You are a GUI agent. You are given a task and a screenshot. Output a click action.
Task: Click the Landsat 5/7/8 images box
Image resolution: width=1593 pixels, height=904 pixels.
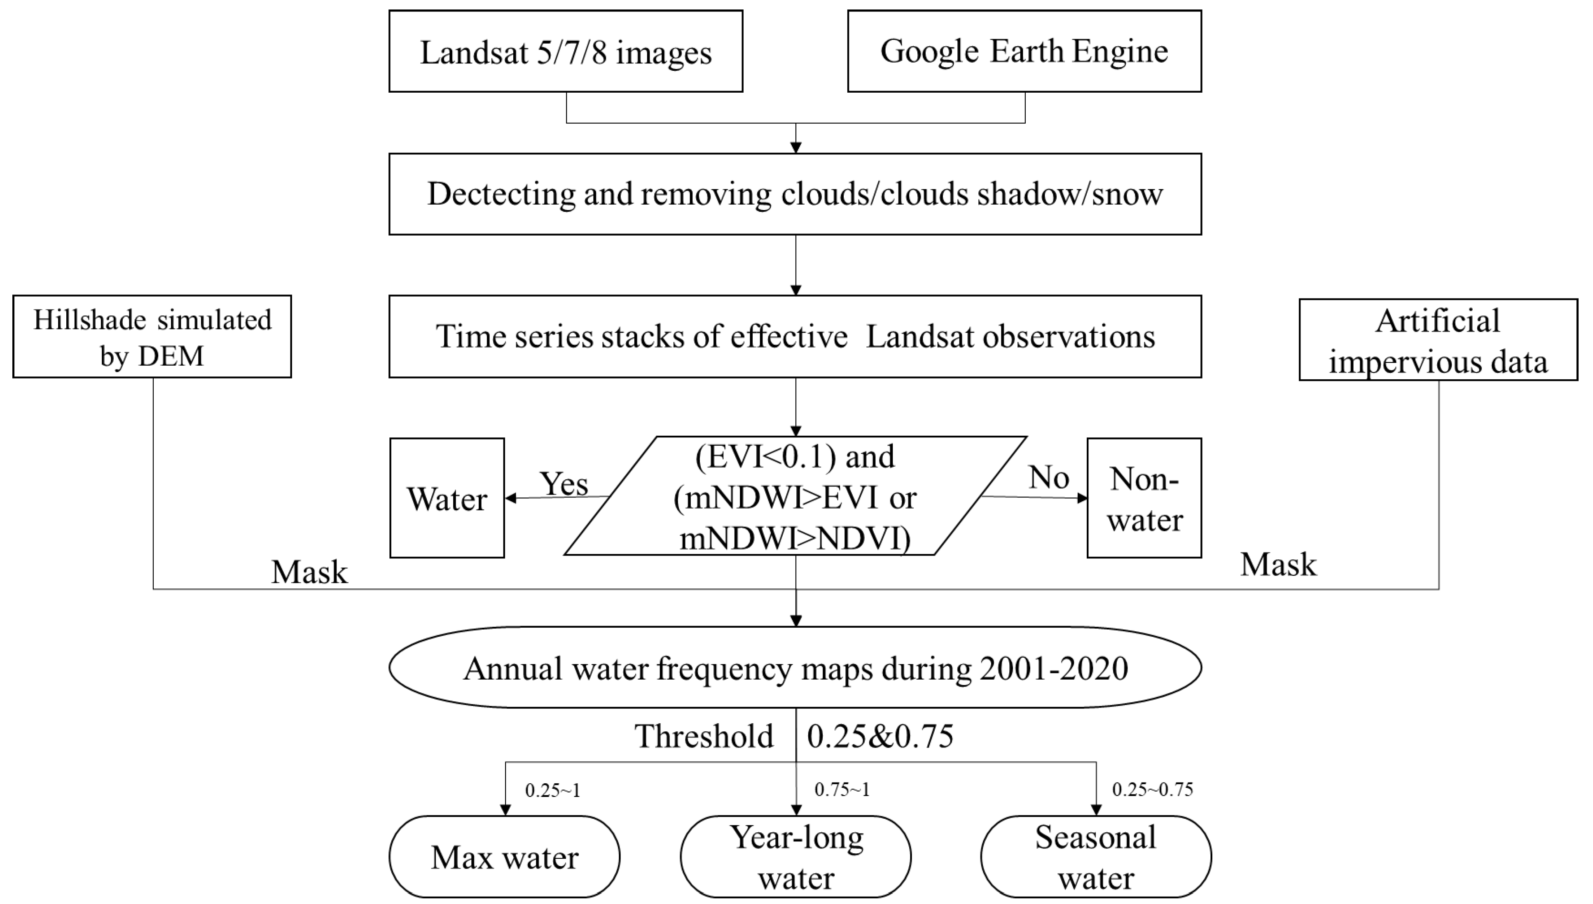click(565, 51)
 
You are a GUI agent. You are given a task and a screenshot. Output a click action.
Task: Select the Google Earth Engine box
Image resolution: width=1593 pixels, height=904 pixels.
click(1024, 51)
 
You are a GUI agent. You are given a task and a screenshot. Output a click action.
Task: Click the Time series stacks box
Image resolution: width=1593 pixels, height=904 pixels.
click(795, 336)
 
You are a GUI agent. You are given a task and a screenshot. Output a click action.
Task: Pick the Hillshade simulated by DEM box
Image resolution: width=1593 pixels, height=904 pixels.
click(152, 336)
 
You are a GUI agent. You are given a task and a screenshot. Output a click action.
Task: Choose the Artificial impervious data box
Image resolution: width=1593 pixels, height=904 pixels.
click(1438, 340)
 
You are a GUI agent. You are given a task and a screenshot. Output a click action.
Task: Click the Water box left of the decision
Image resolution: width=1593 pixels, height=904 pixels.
click(447, 498)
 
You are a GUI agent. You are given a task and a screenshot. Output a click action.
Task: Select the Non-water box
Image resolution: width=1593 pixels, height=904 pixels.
click(1144, 498)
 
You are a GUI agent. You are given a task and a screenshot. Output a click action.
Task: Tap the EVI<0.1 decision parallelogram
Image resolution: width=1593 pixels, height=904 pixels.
click(795, 497)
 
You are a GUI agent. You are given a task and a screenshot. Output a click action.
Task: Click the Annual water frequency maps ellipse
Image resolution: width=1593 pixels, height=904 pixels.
click(795, 668)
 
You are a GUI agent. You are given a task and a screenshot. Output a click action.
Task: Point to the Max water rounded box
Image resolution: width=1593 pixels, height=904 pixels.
click(504, 857)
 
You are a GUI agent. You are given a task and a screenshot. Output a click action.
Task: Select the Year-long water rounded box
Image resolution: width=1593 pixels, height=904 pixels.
click(795, 857)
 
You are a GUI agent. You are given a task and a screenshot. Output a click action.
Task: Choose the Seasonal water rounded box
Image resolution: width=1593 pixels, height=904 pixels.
click(1095, 857)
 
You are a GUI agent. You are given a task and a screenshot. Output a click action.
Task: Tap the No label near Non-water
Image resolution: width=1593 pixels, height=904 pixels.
click(1048, 477)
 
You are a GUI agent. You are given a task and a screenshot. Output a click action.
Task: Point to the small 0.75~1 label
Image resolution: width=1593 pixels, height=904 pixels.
click(842, 790)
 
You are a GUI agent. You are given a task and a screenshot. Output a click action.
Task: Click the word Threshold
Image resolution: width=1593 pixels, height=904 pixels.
click(704, 736)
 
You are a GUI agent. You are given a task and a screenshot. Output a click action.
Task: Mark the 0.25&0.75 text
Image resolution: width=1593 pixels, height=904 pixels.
click(880, 736)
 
